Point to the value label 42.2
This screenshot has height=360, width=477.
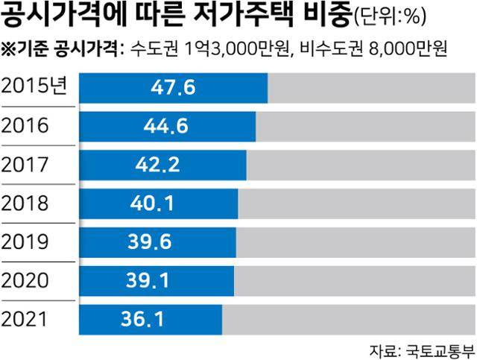pyautogui.click(x=162, y=165)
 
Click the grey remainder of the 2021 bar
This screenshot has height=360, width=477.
pyautogui.click(x=347, y=320)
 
